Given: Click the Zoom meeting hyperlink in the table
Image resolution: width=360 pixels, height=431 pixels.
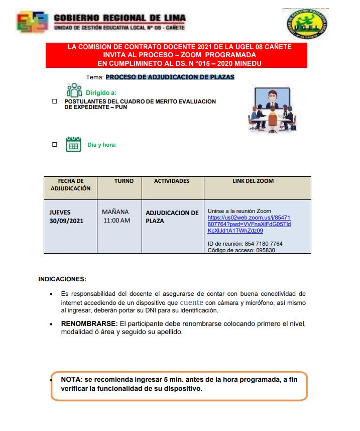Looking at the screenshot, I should tap(249, 224).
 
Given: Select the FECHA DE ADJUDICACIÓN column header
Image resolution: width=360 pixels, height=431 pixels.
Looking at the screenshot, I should tap(70, 184).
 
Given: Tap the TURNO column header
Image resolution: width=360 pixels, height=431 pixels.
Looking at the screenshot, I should tap(124, 181).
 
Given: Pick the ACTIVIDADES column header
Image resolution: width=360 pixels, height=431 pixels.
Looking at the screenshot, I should tap(172, 181).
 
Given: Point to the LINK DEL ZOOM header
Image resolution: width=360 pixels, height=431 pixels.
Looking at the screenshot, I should tap(253, 181).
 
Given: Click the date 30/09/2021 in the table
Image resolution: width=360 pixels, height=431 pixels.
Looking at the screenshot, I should tap(66, 221).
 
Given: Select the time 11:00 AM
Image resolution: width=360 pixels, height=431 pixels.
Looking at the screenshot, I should tap(116, 221).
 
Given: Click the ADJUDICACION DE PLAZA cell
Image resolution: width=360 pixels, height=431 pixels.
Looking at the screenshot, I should tap(172, 217).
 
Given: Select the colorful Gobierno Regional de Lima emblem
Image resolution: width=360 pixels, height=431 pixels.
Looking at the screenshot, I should tap(33, 22).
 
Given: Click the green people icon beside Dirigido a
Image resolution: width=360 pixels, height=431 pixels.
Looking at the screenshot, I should tap(74, 90).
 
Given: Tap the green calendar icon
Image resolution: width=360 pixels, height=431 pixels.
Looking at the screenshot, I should tap(73, 145).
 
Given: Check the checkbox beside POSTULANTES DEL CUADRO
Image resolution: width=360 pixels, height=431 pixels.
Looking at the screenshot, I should tap(55, 101).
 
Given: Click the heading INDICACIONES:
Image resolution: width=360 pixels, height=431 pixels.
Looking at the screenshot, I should tap(62, 279).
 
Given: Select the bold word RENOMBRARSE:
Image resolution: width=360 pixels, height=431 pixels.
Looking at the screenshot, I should tap(89, 324).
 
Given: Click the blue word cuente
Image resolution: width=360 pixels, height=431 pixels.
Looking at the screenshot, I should tap(191, 302).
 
